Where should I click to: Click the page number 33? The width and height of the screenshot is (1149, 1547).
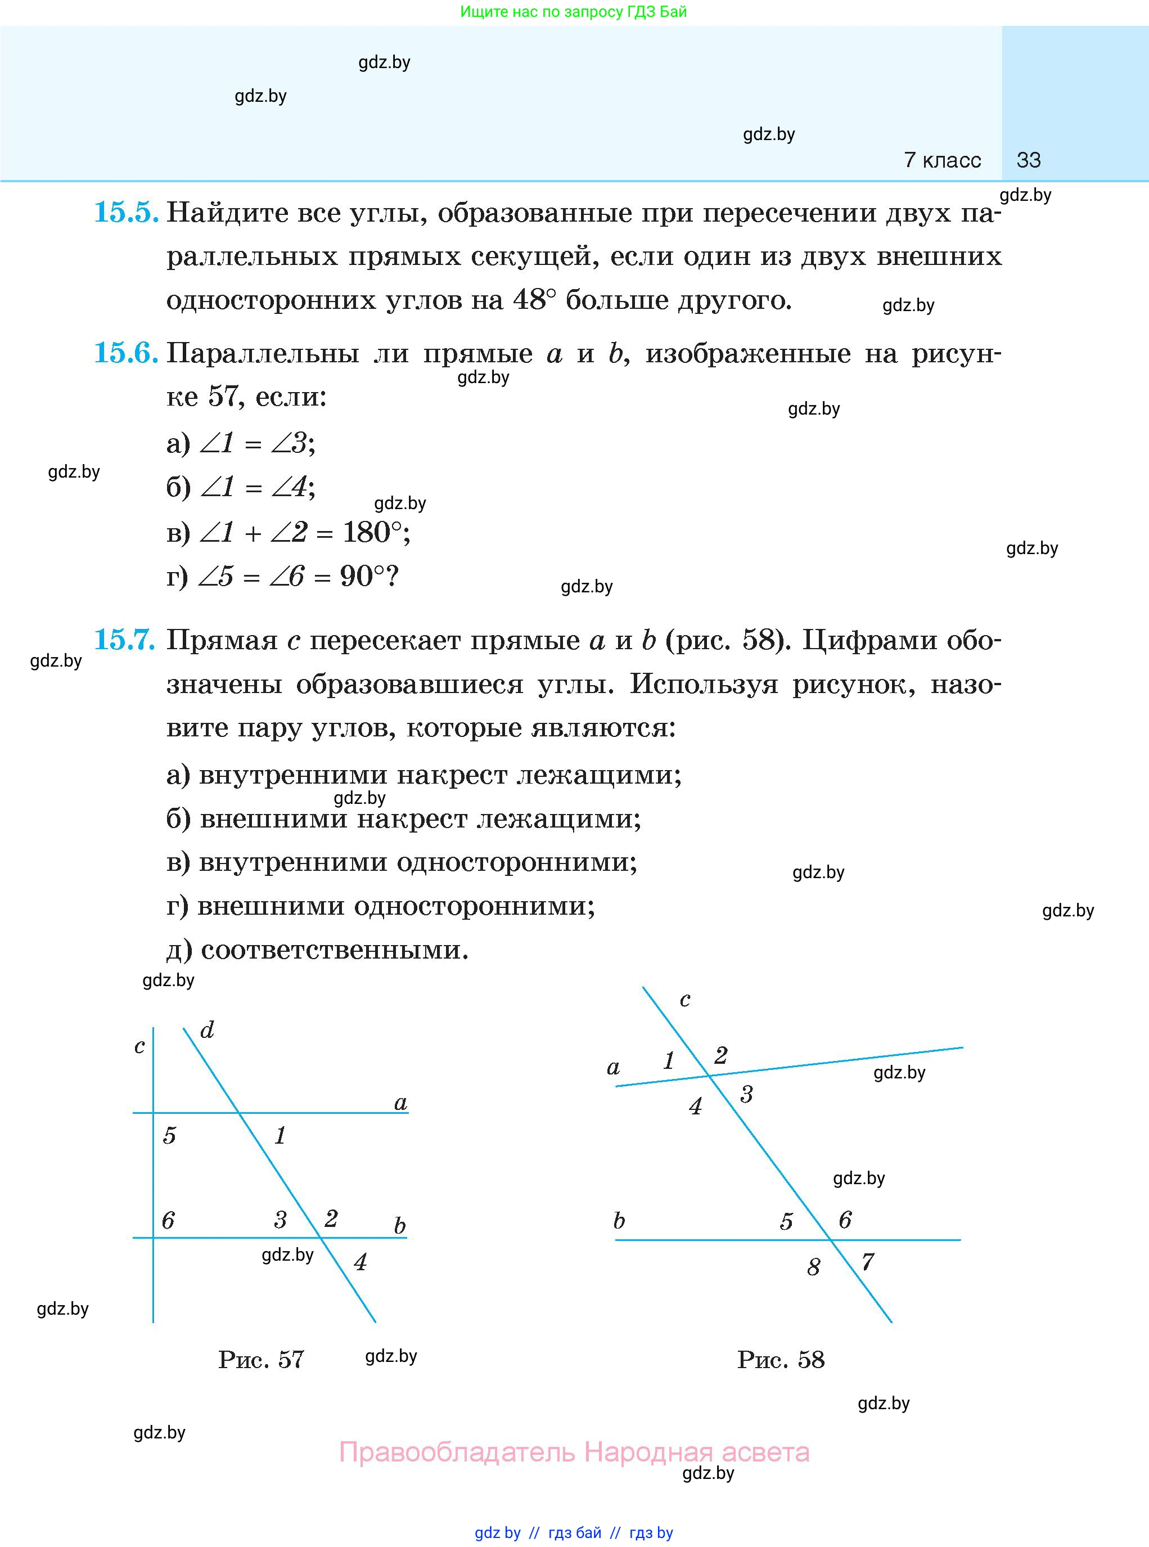point(1028,160)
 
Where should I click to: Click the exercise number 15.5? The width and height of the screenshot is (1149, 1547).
point(126,212)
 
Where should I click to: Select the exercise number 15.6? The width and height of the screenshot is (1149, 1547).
point(126,353)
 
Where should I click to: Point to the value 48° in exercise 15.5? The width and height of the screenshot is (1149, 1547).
point(535,300)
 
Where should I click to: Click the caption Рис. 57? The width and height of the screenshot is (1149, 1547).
point(261,1359)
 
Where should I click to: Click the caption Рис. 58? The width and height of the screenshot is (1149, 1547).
point(781,1359)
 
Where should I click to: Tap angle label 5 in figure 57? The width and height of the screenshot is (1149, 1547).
point(169,1136)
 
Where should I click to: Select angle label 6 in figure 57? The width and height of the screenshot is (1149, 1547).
point(168,1220)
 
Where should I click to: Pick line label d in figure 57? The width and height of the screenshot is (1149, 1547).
point(206,1030)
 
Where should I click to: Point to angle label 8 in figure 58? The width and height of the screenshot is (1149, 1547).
point(813,1267)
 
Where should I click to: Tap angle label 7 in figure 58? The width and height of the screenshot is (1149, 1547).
point(867,1262)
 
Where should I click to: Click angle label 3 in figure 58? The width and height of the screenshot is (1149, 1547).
point(746,1095)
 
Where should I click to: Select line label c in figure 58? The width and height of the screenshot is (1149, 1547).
point(685,1000)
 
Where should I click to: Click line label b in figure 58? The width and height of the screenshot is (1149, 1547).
point(619,1221)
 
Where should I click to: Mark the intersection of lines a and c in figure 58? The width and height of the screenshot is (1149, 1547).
point(709,1076)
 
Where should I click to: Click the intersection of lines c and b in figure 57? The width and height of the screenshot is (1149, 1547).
point(153,1238)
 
